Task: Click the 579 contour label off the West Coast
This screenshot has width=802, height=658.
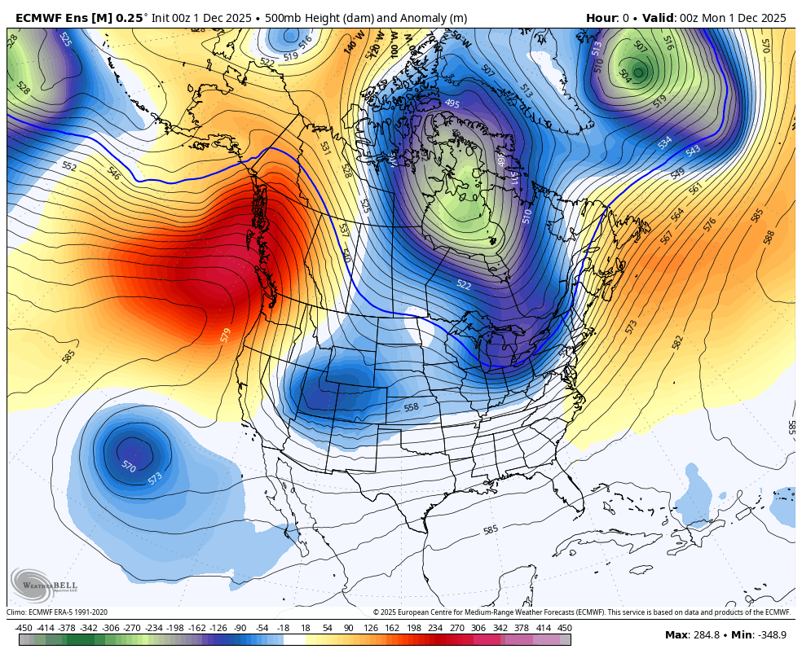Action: tap(226, 334)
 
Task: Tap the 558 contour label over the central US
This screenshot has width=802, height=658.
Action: tap(411, 407)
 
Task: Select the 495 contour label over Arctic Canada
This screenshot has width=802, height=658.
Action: tap(452, 103)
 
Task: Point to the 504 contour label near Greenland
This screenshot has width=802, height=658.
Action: tap(624, 75)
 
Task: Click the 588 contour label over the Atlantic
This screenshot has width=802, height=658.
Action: tap(769, 237)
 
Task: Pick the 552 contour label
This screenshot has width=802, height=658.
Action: tap(69, 166)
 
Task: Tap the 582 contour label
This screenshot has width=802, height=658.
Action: tap(678, 342)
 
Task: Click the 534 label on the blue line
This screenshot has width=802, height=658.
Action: tap(665, 143)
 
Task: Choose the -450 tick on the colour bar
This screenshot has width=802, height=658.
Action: tap(24, 628)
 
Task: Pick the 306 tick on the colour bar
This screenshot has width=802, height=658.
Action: tap(478, 628)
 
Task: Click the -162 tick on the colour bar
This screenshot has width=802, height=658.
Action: tap(196, 628)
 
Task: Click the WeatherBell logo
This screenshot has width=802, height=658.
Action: tap(40, 584)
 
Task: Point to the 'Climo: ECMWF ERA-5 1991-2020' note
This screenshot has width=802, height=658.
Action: tap(57, 612)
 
